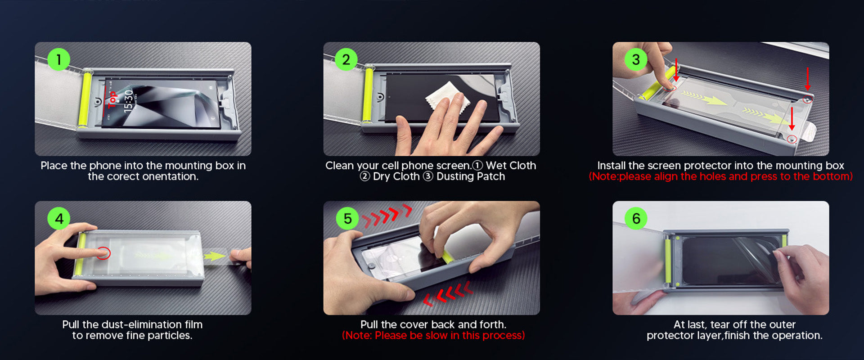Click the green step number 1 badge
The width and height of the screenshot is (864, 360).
coord(59,59)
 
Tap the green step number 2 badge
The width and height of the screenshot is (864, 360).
coord(346,59)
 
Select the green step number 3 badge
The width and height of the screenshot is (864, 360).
coord(636,59)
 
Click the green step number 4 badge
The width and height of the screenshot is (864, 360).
coord(59,219)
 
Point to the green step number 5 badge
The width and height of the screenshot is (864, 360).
coord(347,219)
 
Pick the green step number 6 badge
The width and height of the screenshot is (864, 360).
coord(636,219)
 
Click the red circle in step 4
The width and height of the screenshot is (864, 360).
coord(103,253)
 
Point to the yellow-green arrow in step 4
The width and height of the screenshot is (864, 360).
coord(214,256)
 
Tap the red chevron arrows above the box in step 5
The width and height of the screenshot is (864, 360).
coord(387,215)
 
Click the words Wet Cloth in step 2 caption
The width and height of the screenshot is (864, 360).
coord(511,166)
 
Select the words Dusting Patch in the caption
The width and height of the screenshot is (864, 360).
coord(471,176)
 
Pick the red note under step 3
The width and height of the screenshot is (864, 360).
coord(720,176)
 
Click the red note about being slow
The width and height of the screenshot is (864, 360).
coord(433,335)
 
